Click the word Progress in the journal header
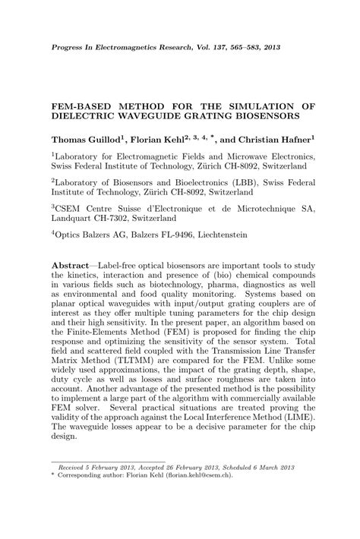[66, 47]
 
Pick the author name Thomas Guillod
[84, 141]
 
